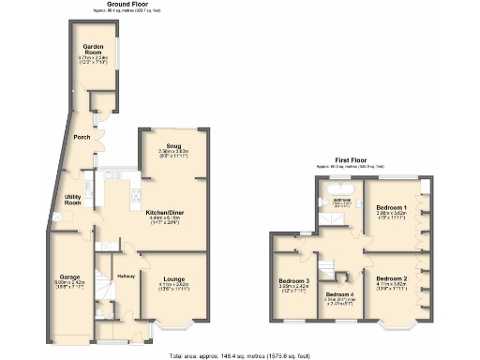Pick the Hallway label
point(127,276)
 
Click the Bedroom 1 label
point(391,207)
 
